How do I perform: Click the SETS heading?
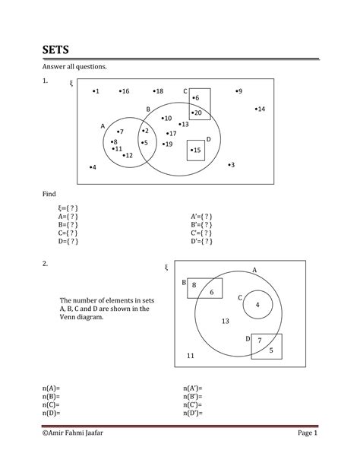(x=55, y=50)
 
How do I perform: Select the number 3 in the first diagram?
(x=231, y=165)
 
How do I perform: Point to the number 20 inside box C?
(x=197, y=113)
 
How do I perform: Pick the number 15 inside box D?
(x=196, y=151)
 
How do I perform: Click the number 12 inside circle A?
(x=128, y=156)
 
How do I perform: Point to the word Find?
(x=49, y=195)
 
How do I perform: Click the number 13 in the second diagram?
(x=225, y=321)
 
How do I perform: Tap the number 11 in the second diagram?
(x=190, y=356)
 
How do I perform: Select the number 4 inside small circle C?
(x=257, y=305)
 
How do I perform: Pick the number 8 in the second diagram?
(x=194, y=285)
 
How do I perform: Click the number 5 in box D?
(x=271, y=350)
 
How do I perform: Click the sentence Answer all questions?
(x=74, y=67)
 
